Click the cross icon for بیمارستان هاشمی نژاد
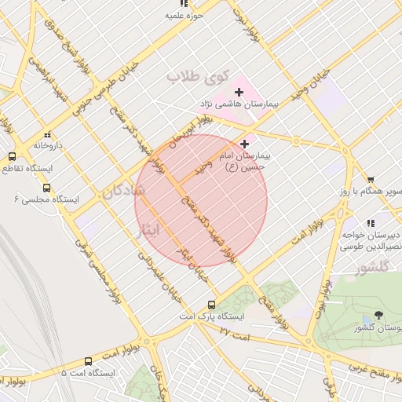239,93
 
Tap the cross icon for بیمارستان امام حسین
246,144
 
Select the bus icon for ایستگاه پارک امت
211,305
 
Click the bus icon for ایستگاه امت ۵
87,361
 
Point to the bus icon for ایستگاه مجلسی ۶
46,188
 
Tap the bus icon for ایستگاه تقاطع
12,157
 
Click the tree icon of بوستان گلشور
379,315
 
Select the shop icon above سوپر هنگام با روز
371,180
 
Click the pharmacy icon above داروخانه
47,134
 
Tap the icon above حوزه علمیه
184,4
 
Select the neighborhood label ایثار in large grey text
147,228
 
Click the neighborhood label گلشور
372,269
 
